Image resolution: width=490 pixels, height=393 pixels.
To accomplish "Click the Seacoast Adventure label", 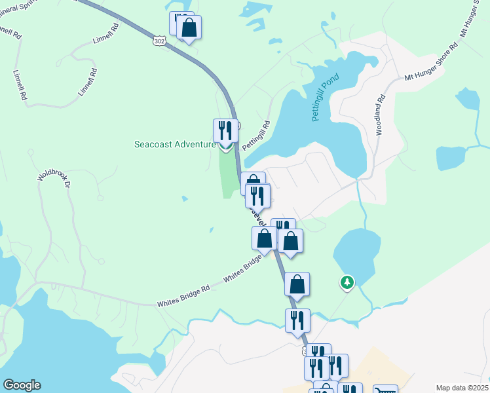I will (x=175, y=145).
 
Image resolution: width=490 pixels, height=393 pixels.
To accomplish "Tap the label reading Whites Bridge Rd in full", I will (x=183, y=305).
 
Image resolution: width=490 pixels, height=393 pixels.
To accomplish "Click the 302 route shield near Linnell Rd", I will (x=159, y=41).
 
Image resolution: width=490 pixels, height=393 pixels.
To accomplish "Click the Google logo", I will (x=22, y=385).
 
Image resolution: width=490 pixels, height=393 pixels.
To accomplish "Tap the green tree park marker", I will (x=346, y=282).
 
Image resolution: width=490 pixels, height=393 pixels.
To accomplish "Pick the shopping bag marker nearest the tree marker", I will (x=297, y=284).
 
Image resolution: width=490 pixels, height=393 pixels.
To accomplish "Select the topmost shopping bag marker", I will (x=189, y=28).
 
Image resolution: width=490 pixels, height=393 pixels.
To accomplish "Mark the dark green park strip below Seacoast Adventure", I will (x=228, y=172).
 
